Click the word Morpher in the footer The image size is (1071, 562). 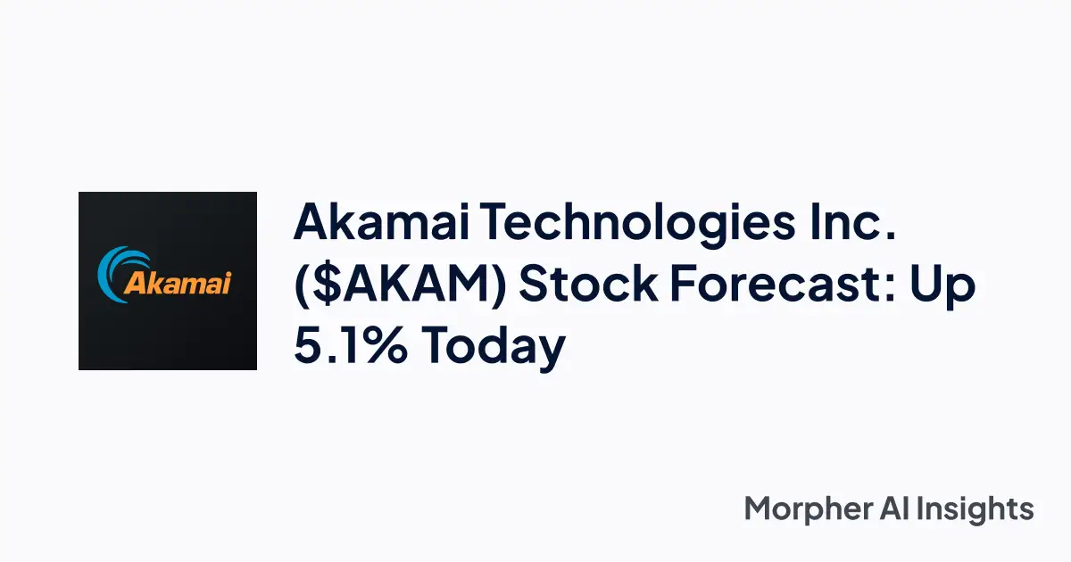pyautogui.click(x=809, y=510)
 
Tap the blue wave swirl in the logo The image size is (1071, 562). pyautogui.click(x=120, y=268)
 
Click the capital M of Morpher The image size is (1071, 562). pyautogui.click(x=761, y=509)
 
